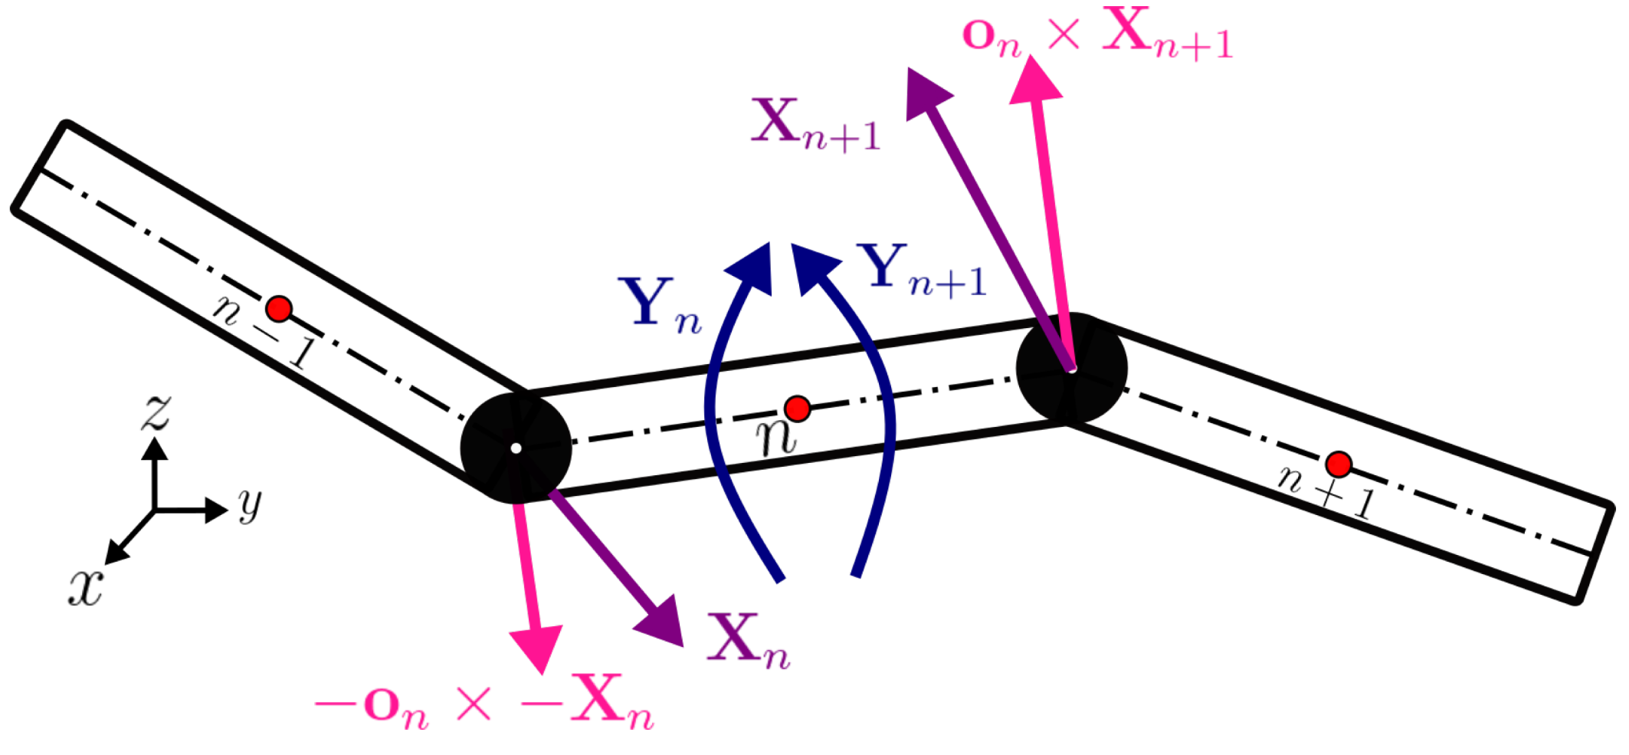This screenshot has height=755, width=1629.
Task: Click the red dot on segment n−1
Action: click(279, 309)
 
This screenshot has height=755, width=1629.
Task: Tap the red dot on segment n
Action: click(798, 409)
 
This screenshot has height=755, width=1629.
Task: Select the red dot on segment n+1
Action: click(1339, 464)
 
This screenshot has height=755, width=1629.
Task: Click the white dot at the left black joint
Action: click(516, 448)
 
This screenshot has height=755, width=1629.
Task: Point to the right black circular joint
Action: click(1071, 369)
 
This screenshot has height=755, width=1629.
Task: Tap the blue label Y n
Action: click(660, 304)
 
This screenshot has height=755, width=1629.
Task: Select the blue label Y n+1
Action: click(923, 271)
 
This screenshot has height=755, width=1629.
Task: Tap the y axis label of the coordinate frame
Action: click(250, 504)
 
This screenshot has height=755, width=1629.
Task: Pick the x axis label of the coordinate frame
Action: click(85, 589)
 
